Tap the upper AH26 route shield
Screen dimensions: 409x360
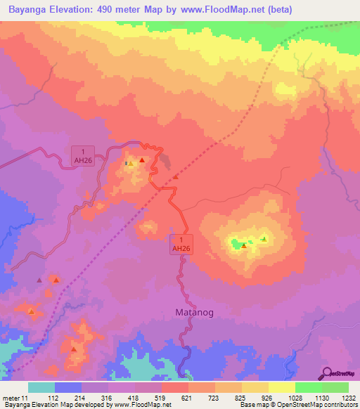[83, 155]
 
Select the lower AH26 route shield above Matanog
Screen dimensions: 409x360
[181, 244]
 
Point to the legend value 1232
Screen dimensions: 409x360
[349, 398]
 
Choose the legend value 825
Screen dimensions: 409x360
[241, 398]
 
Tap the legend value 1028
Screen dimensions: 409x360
[295, 398]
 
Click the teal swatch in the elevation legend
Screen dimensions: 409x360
[41, 387]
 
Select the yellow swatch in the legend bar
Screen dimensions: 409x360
[282, 387]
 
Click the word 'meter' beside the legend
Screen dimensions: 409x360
[11, 398]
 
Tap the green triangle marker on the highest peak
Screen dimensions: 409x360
[264, 239]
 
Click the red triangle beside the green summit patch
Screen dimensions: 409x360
[243, 245]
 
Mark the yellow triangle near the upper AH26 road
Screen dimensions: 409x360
[131, 164]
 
